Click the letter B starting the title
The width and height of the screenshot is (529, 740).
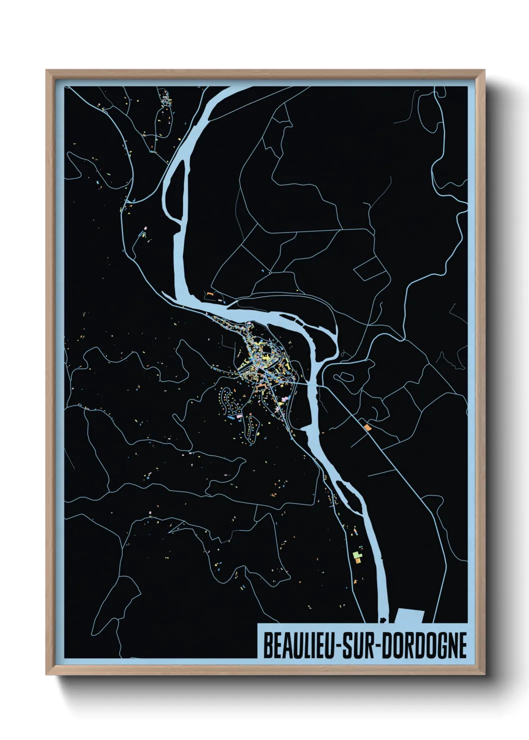[267, 646]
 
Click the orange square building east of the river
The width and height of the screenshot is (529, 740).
[367, 427]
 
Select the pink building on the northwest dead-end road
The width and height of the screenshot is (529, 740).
[145, 228]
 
